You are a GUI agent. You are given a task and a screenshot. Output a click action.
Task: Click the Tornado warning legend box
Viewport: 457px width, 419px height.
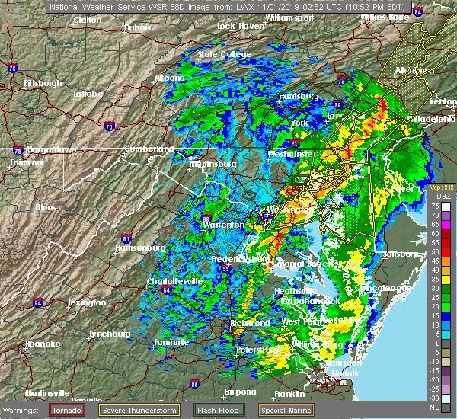[x=67, y=410]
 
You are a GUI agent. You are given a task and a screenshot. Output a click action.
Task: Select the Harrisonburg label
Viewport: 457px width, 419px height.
[x=139, y=248]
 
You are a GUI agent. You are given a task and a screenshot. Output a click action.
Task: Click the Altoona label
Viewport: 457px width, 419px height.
[x=168, y=78]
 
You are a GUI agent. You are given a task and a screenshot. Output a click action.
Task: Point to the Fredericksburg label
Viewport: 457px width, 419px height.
[x=240, y=259]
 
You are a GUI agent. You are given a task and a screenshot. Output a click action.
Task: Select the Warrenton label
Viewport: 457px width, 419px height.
[x=223, y=225]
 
